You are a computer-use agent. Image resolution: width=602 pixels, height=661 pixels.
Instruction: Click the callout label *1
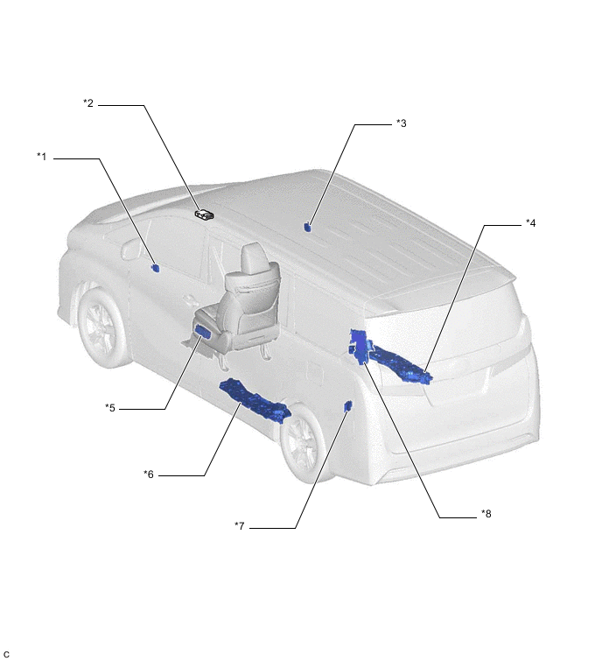point(42,157)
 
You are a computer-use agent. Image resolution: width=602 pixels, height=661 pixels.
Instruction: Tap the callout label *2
point(88,102)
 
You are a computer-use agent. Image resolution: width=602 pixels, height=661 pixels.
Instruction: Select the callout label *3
point(402,123)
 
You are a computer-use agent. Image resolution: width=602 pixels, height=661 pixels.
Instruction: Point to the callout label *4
point(531,223)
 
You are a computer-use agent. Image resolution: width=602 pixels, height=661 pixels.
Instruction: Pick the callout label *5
point(110,408)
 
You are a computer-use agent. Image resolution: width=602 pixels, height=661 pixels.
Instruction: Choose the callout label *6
point(149,475)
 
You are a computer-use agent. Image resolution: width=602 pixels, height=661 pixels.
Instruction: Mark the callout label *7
point(239,526)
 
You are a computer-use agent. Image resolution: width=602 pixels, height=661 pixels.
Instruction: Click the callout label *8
point(486,514)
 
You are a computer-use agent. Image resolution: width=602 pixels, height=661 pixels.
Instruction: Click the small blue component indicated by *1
point(156,268)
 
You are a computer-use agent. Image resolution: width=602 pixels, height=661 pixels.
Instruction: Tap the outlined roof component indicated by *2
point(205,215)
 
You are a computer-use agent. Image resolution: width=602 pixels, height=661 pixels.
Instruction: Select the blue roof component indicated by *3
point(307,227)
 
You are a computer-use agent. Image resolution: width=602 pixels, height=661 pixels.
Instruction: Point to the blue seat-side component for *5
point(205,332)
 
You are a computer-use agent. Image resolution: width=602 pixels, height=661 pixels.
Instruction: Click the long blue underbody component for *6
point(255,400)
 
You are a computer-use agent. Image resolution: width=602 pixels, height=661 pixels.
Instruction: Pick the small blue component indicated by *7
point(348,406)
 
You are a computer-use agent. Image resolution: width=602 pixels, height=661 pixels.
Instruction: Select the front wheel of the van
point(101,327)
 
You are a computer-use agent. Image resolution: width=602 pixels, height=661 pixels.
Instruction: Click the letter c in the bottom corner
point(6,653)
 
